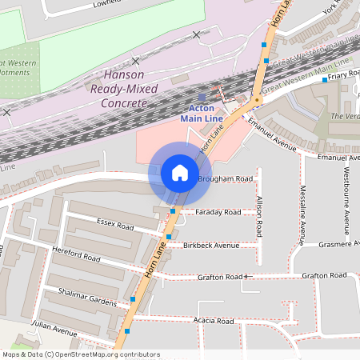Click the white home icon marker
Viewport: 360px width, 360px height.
coord(180,172)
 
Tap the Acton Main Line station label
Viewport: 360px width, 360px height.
coord(201,114)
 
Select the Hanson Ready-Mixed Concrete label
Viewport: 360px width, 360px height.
coord(124,89)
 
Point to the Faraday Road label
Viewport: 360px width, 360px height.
coord(218,212)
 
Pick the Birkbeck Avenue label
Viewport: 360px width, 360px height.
coord(210,245)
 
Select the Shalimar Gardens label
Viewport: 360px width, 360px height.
coord(82,295)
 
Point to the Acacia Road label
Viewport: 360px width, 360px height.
coord(213,321)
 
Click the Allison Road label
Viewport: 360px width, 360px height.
coord(259,217)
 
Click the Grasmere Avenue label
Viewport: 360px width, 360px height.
coord(341,245)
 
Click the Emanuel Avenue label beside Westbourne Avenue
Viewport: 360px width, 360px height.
coord(338,157)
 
